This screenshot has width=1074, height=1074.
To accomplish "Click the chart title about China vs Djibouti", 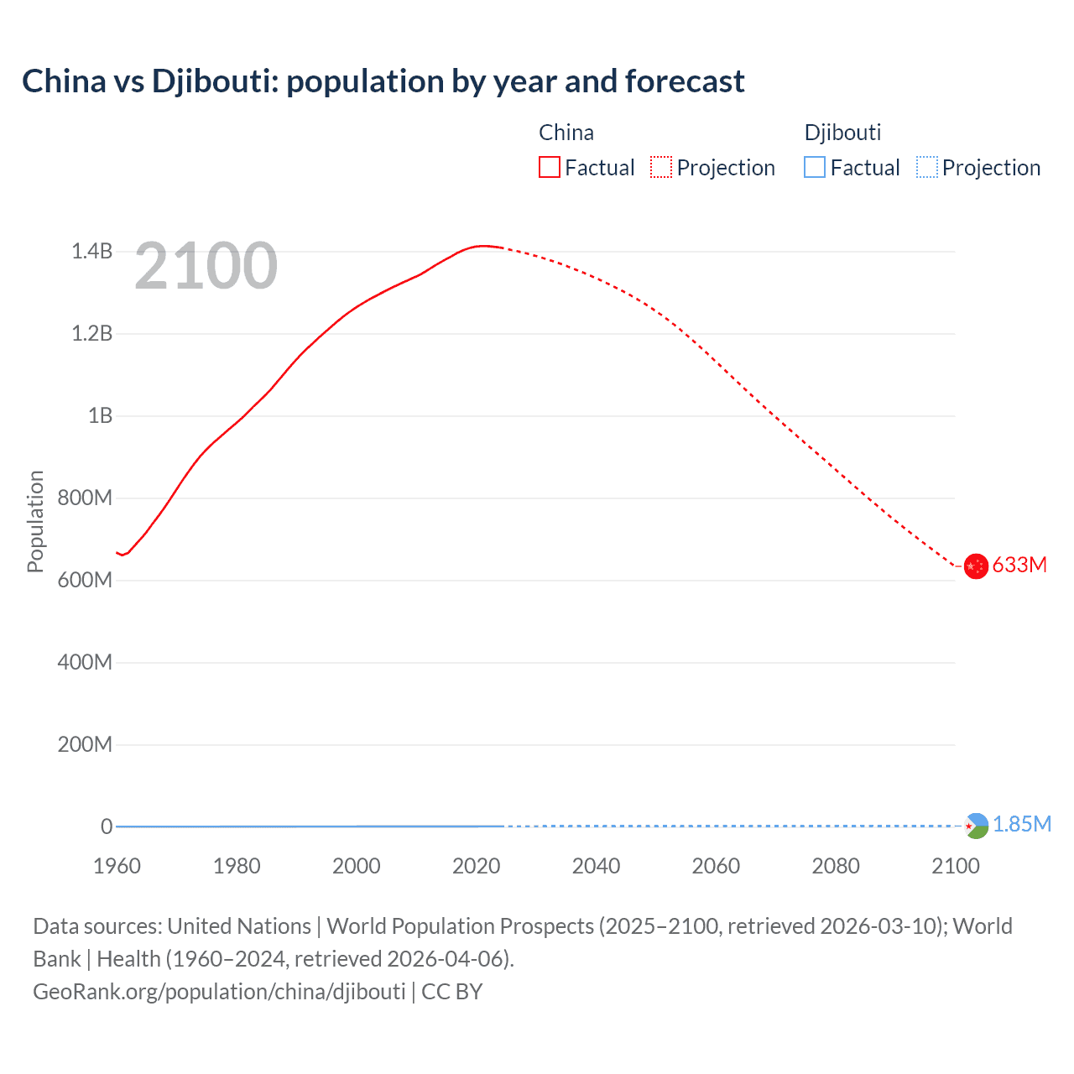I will tap(383, 81).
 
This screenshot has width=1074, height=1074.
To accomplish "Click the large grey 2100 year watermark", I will tap(206, 266).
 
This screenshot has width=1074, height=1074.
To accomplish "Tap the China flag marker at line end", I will tap(975, 566).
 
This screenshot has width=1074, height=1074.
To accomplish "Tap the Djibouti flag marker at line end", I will tap(976, 826).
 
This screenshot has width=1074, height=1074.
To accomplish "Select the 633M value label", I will tap(1019, 565).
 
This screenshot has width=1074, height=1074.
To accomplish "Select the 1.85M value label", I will tap(1022, 824).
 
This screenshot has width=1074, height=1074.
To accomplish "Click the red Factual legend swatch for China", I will tap(549, 168).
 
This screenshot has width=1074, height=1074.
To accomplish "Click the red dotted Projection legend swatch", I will tap(661, 168).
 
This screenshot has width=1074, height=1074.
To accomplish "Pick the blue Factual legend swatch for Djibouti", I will tap(815, 168).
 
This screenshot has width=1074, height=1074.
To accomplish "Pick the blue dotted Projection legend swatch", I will tap(926, 168).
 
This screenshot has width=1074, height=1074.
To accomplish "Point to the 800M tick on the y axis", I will tap(85, 498).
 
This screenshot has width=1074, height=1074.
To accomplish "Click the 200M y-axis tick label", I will tap(85, 744).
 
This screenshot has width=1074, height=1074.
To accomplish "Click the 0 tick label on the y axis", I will tap(107, 826).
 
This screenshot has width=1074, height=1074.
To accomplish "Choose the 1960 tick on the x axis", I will tap(117, 866).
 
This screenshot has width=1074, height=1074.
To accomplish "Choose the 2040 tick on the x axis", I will tap(596, 866).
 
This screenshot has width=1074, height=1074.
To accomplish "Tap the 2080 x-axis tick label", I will tap(836, 866).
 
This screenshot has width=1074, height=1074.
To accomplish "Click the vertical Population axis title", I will tap(35, 521).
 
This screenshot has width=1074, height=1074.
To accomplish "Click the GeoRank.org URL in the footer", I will tap(219, 992).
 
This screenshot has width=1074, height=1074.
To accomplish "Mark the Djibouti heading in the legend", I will tap(842, 133).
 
